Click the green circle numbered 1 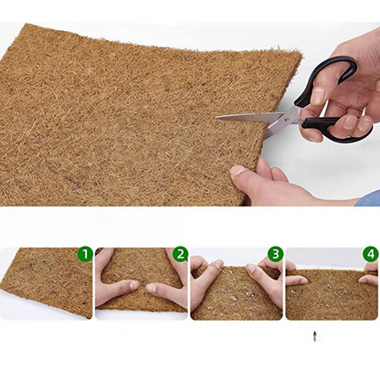click(x=85, y=254)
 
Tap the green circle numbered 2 click(x=180, y=254)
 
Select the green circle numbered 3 click(x=275, y=254)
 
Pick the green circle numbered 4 click(x=370, y=254)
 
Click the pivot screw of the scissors click(x=293, y=114)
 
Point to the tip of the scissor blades click(x=217, y=116)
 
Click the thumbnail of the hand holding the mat click(x=239, y=170)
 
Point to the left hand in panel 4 click(x=296, y=280)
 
